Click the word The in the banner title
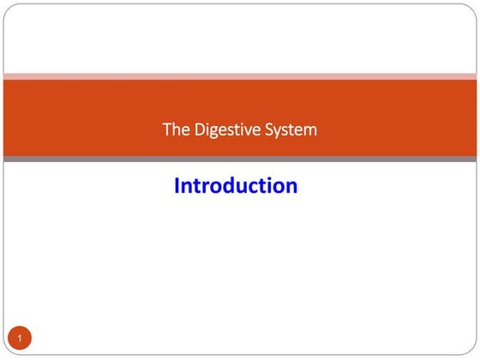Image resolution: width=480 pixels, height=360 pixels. (173, 130)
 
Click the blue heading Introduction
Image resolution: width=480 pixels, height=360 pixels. (236, 185)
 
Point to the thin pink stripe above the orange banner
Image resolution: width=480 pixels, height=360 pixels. (240, 75)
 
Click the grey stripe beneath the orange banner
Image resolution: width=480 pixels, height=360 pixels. (240, 159)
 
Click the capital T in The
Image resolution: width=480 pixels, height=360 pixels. (166, 130)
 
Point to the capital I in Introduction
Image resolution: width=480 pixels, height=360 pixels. (177, 185)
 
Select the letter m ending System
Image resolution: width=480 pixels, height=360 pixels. (309, 131)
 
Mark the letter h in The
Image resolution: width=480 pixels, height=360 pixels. (174, 130)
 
